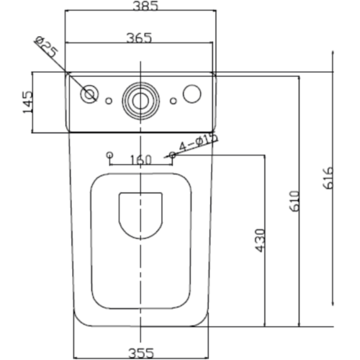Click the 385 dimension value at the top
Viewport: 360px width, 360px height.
tap(145, 6)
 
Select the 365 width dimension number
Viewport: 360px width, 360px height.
tap(139, 38)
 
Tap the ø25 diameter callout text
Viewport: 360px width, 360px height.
tap(47, 47)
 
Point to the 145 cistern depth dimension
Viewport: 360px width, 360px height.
tap(27, 102)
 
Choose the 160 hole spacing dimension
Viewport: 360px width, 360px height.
tap(140, 160)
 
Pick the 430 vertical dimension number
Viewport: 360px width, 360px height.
tap(260, 240)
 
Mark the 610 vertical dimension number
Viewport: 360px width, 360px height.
tap(294, 201)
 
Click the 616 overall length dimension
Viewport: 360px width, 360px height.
tap(328, 178)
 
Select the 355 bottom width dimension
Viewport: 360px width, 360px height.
tap(141, 353)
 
